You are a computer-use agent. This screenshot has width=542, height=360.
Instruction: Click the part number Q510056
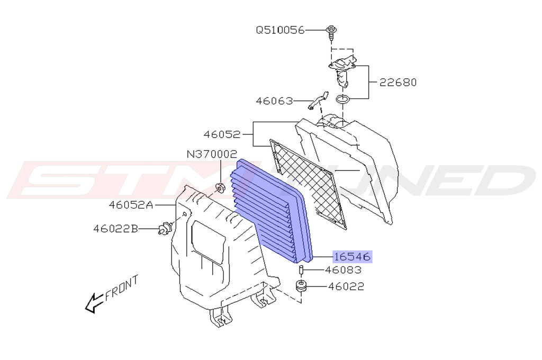click(280, 30)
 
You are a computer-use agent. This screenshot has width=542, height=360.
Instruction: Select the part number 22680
click(398, 82)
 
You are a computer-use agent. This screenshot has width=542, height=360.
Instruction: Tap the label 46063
click(274, 101)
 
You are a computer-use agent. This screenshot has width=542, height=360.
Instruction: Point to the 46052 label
click(222, 134)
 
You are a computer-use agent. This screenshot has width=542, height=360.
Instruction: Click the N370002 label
click(212, 154)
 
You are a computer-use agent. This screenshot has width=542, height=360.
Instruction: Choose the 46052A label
click(131, 205)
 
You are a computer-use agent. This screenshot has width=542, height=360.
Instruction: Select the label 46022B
click(115, 229)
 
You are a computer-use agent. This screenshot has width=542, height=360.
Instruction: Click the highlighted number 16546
click(352, 257)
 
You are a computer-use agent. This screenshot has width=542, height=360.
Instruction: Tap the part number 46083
click(343, 270)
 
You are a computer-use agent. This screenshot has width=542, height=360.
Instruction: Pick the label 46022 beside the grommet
click(346, 286)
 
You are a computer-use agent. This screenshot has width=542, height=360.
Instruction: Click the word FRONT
click(122, 287)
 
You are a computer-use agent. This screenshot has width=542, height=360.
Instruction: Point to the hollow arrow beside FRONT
click(94, 303)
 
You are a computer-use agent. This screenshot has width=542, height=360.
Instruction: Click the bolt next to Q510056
click(331, 32)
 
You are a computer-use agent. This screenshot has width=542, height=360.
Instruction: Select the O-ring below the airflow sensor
click(343, 100)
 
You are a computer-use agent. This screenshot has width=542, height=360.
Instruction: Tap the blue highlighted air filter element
click(272, 210)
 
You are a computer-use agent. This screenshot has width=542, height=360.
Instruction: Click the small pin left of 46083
click(301, 270)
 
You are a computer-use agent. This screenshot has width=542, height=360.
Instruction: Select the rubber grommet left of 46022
click(301, 286)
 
